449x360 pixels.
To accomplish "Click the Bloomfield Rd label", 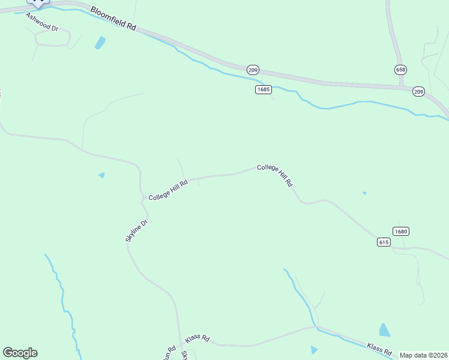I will coord(114,20).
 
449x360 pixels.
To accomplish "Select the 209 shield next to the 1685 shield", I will coord(253,70).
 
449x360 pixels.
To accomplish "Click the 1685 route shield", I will coord(264,89).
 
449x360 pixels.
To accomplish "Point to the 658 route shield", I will coord(400,70).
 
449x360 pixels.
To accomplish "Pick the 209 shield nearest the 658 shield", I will coord(418,91).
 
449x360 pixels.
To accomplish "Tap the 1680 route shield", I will coord(402,232).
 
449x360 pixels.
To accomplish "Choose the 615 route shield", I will coord(384,242).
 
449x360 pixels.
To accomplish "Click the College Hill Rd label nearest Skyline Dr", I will coord(169,190).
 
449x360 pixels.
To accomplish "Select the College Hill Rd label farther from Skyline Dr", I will coord(275,175).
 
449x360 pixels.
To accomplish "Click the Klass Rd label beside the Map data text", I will coord(379,348).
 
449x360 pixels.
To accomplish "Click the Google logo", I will coord(20,353).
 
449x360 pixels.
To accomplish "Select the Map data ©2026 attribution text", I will coord(423,355).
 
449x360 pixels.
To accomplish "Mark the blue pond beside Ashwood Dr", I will coord(100,43).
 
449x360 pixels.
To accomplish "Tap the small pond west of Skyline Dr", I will coord(101,175).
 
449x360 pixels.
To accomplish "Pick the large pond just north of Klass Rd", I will coord(384,329).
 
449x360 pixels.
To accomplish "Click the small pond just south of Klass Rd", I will coord(314,349).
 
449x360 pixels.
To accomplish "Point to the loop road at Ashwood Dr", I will coord(53,38).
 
